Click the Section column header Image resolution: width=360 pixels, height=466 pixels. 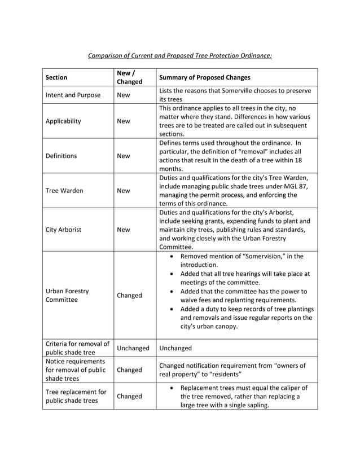(x=56, y=77)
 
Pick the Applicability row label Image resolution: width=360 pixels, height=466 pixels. (x=63, y=121)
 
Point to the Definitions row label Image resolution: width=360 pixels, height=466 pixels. (x=62, y=156)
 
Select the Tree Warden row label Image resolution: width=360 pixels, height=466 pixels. (x=64, y=191)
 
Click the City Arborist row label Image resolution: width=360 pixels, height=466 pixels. (x=63, y=230)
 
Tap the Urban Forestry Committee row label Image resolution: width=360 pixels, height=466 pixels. (x=67, y=295)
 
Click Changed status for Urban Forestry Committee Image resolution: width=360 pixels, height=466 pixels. (x=129, y=295)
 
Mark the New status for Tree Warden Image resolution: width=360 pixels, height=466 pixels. (x=123, y=191)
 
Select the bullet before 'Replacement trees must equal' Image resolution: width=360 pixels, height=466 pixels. (x=170, y=388)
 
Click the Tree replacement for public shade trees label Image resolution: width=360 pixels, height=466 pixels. (x=76, y=397)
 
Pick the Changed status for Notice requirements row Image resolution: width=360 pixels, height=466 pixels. (x=129, y=370)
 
